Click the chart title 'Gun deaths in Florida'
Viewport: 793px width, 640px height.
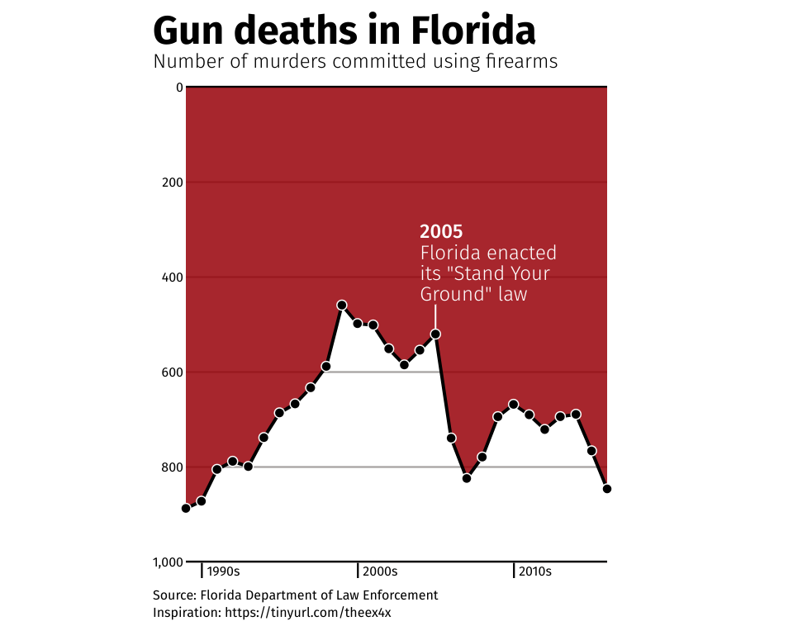tap(344, 31)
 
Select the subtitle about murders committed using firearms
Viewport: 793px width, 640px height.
tap(355, 62)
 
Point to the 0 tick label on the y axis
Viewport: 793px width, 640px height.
tap(178, 87)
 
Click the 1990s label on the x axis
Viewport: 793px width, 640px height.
tap(223, 571)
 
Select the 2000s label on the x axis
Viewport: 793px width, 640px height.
tap(380, 571)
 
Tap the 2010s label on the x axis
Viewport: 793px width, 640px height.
tap(535, 571)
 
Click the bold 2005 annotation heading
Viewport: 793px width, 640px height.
tap(441, 232)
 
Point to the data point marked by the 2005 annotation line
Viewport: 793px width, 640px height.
tap(435, 334)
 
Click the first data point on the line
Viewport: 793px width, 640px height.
tap(186, 509)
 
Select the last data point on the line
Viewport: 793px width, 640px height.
tap(607, 489)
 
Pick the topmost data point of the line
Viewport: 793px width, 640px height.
tap(342, 306)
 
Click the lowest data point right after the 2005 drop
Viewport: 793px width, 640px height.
tap(467, 478)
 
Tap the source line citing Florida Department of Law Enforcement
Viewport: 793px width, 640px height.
tap(295, 595)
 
